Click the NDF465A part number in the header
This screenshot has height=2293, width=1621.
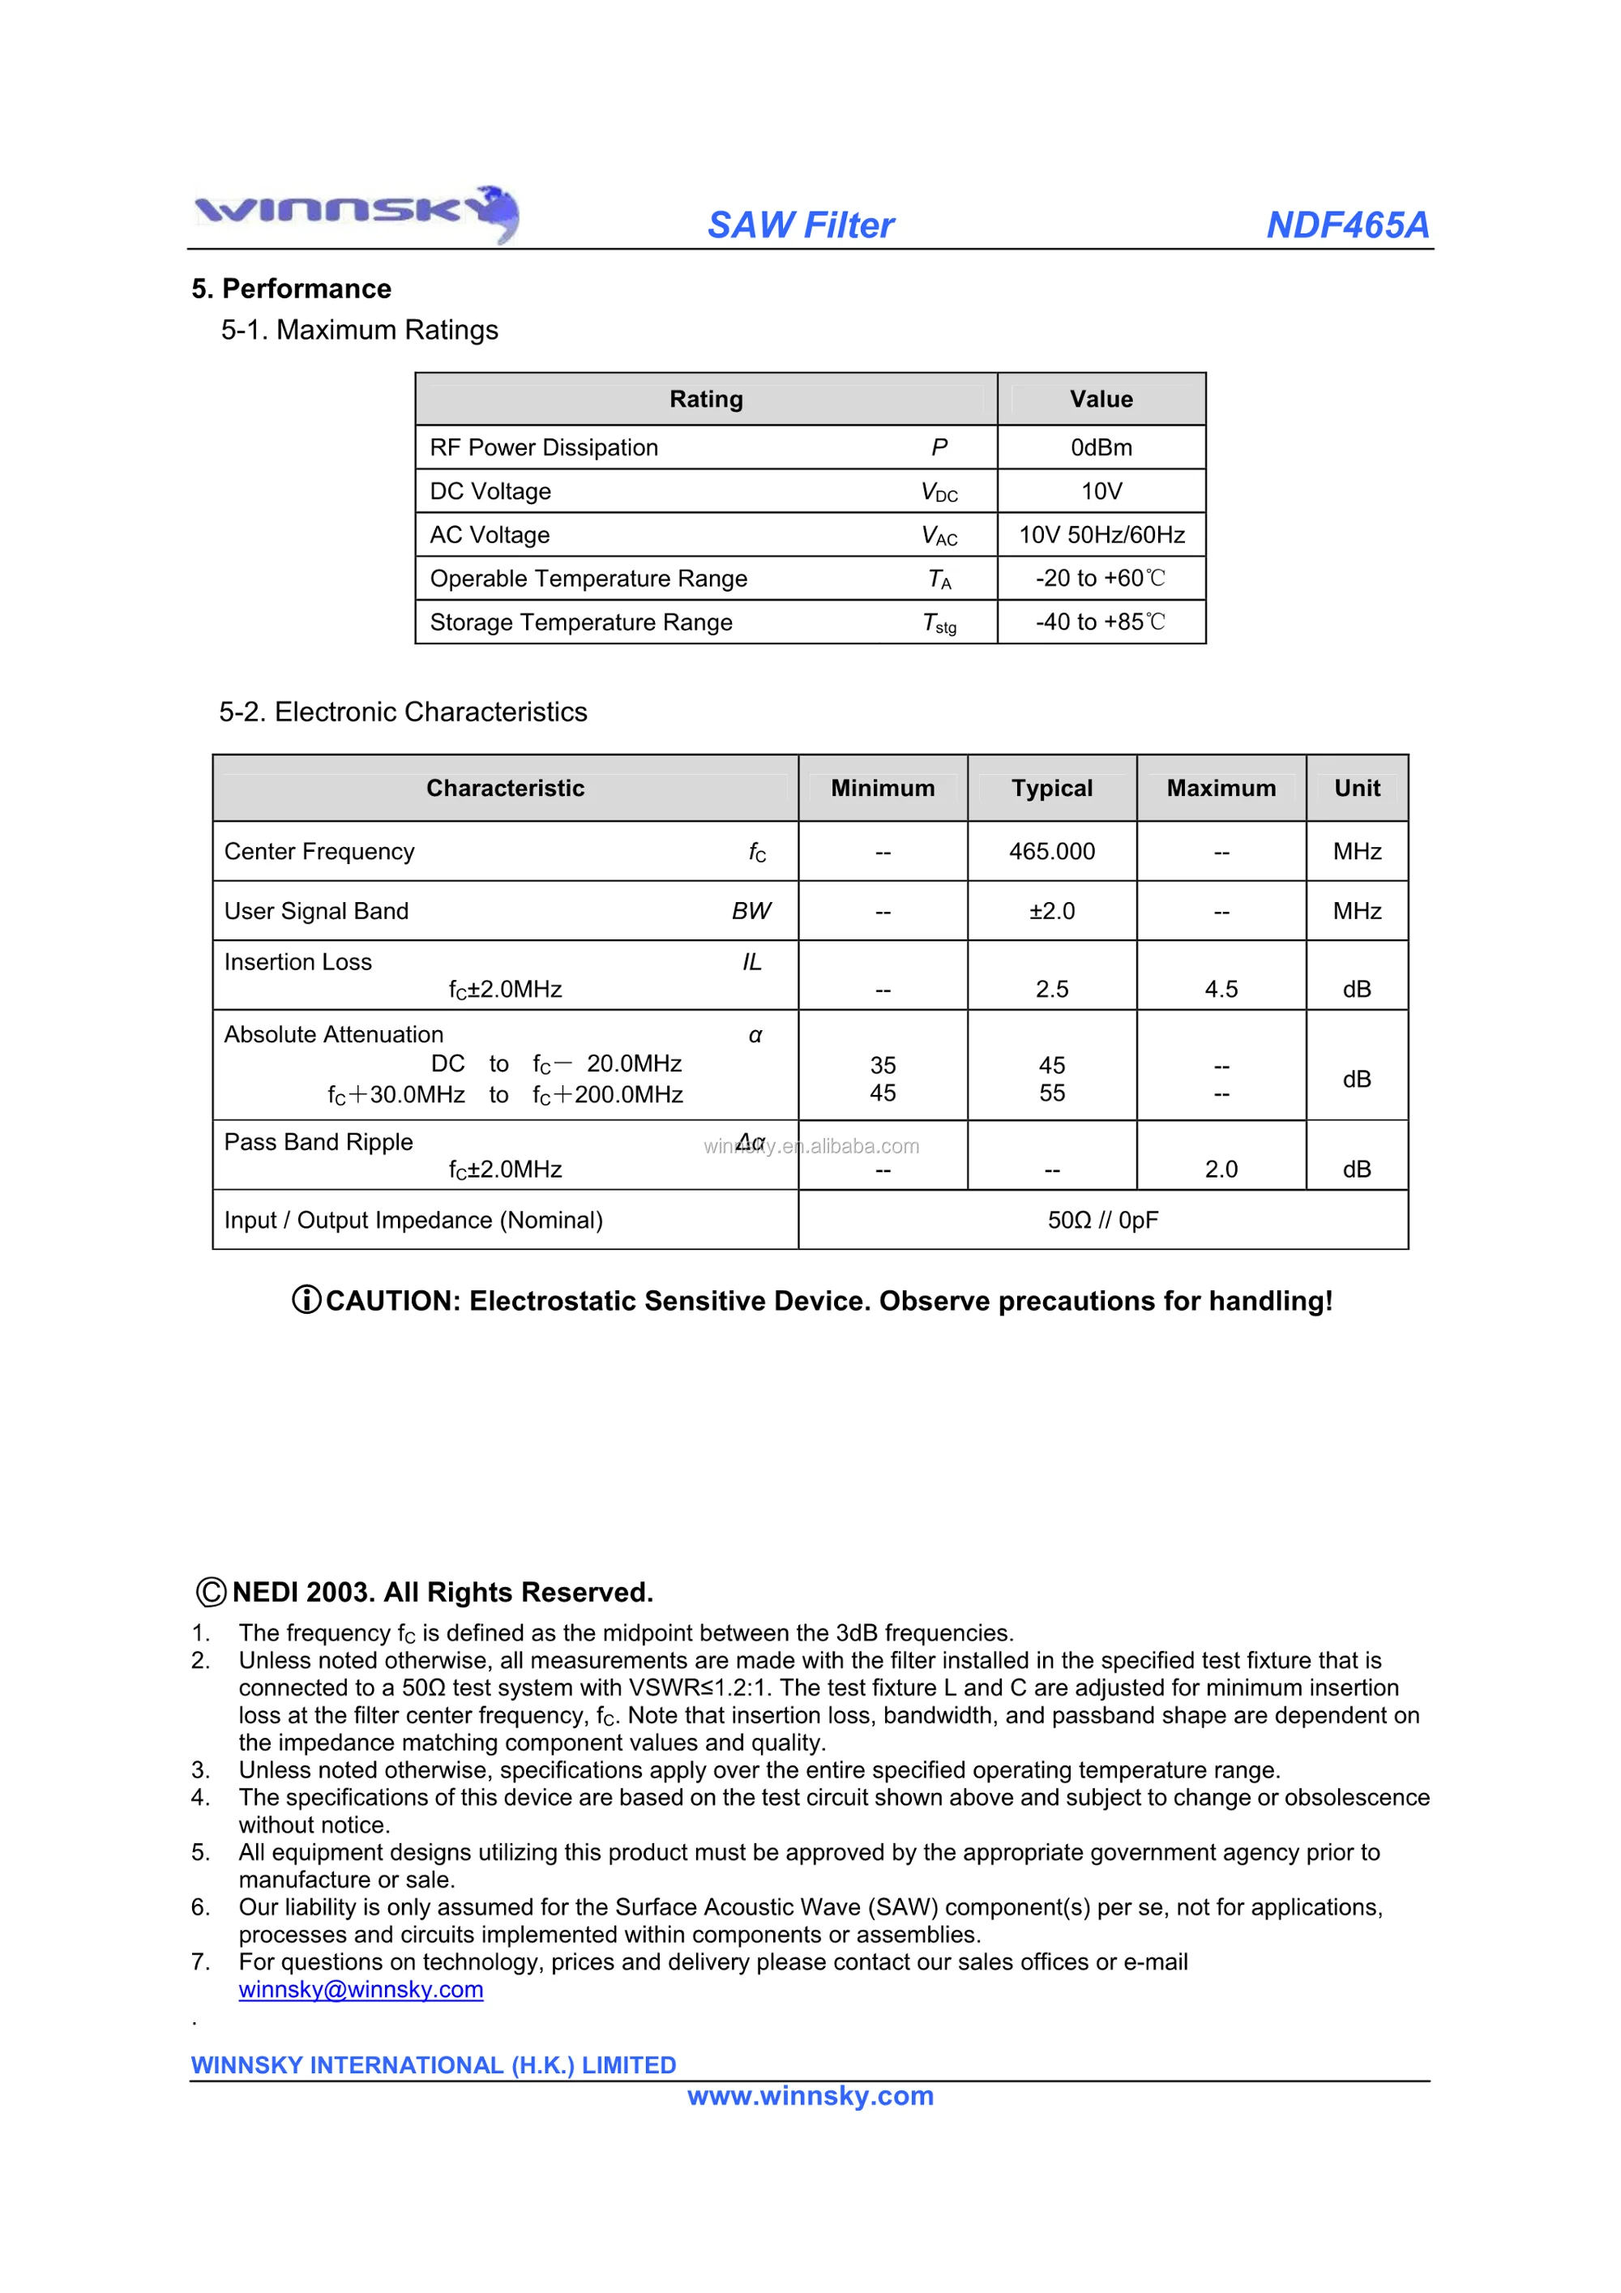1346,225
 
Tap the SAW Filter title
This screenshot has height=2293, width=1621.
800,225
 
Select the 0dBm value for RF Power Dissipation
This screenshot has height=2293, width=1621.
1101,447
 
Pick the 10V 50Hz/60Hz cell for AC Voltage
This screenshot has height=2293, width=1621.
1101,535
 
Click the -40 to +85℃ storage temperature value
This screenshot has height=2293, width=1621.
1101,622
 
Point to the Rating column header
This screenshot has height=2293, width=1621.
706,400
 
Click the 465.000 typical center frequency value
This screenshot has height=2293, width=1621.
1052,852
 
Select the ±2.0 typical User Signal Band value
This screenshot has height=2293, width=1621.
1052,911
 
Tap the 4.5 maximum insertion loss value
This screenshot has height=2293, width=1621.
1221,989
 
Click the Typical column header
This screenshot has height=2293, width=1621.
1052,788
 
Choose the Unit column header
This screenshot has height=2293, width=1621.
1356,788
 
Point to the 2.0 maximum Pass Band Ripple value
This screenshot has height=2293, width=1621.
1221,1169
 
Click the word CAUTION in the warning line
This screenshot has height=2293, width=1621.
392,1300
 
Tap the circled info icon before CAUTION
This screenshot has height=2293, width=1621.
306,1299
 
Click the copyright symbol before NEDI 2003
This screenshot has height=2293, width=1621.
211,1591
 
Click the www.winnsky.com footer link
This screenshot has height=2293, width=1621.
810,2095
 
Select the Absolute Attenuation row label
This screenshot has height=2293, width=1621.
334,1034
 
